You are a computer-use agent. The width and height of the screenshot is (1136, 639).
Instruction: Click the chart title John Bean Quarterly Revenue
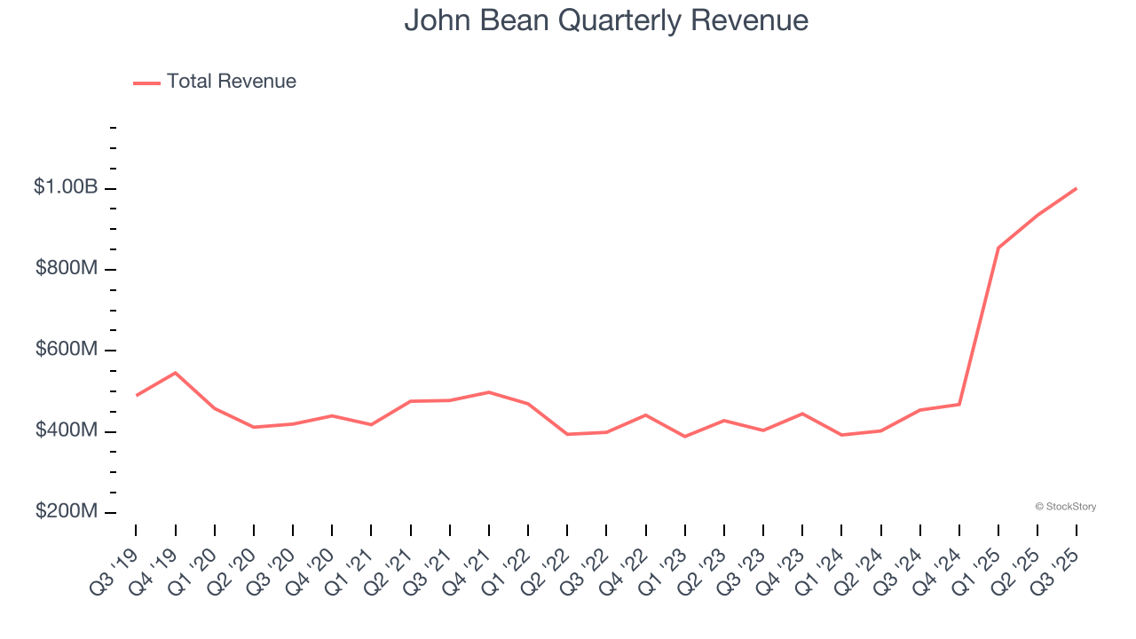point(606,20)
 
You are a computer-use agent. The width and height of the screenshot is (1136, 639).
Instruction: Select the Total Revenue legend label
point(231,82)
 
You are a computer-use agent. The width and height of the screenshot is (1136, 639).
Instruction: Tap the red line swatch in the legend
point(146,83)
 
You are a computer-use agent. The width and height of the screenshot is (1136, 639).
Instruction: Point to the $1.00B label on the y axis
point(66,187)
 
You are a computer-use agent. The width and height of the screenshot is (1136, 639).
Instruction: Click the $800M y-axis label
point(67,268)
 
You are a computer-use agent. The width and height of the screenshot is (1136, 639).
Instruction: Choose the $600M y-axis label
point(67,350)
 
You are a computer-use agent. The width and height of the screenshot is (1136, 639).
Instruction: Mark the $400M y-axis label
point(67,430)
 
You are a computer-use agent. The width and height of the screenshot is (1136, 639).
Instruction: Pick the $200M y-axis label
point(67,512)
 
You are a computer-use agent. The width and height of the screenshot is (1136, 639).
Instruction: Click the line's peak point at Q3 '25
point(1077,188)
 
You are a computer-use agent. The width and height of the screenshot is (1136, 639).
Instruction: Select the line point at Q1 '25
point(998,248)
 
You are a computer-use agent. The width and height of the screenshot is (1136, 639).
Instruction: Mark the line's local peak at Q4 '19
point(176,373)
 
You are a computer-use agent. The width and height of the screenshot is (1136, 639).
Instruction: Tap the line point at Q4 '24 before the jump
point(959,405)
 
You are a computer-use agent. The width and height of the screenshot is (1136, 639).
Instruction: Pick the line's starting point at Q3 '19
point(137,395)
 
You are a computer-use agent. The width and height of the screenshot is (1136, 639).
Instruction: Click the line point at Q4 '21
point(489,392)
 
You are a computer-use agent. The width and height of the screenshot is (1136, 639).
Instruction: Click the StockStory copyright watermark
point(1065,507)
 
